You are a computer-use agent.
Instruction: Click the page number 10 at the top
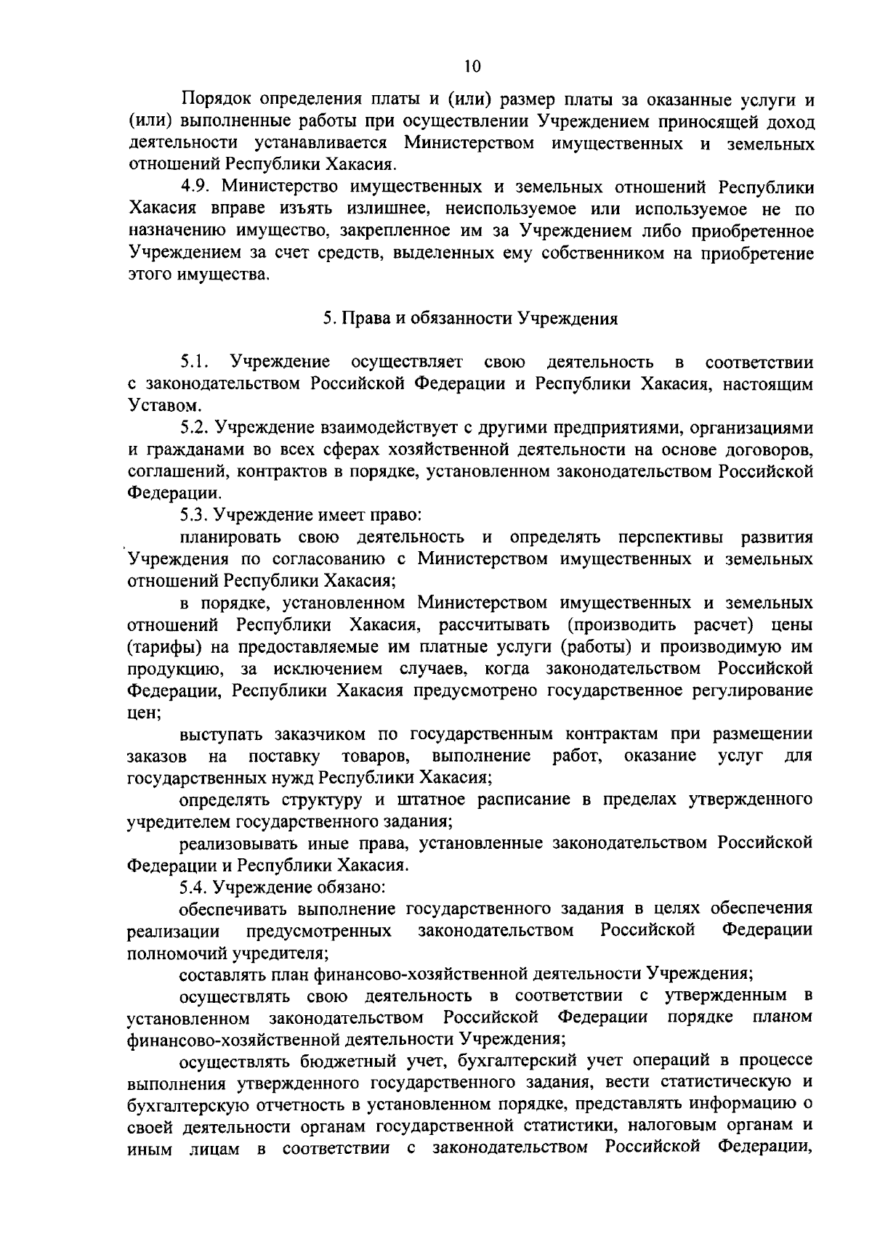(472, 67)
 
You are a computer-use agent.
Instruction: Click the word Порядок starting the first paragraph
(217, 99)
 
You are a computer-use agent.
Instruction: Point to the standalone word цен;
(143, 712)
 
